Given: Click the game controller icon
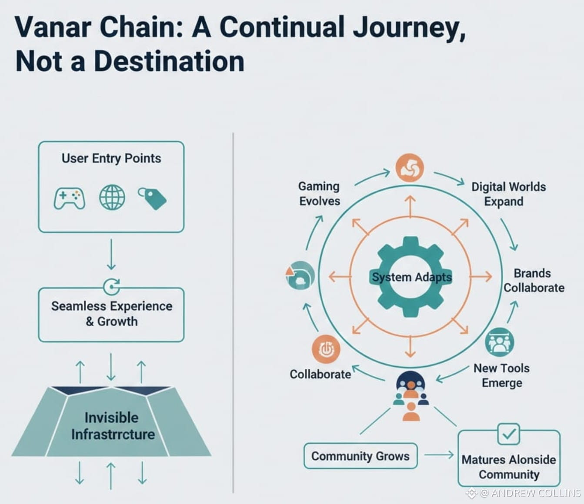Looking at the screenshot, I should click(70, 198).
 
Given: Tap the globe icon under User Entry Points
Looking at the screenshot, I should click(112, 197).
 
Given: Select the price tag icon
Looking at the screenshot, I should click(152, 198).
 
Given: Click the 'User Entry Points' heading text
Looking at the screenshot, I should click(111, 158).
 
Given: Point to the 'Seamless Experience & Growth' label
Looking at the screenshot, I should click(111, 314).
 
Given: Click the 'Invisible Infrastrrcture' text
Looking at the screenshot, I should click(113, 426).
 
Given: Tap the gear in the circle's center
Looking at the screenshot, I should click(411, 277).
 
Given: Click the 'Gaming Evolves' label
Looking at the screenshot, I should click(319, 193).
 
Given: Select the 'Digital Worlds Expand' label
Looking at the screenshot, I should click(508, 194).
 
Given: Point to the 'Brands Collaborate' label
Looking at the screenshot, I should click(534, 280).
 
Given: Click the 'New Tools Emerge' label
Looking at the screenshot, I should click(501, 375).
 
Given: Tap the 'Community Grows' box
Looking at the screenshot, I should click(360, 456).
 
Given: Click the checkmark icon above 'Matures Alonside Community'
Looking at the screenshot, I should click(508, 434).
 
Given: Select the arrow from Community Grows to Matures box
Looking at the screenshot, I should click(439, 455).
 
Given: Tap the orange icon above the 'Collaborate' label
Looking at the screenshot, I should click(326, 349).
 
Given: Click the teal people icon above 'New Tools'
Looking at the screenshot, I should click(500, 342).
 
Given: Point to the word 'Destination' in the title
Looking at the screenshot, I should click(169, 61).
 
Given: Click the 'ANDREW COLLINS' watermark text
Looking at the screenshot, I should click(536, 493).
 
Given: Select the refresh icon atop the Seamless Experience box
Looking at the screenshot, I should click(112, 286).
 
